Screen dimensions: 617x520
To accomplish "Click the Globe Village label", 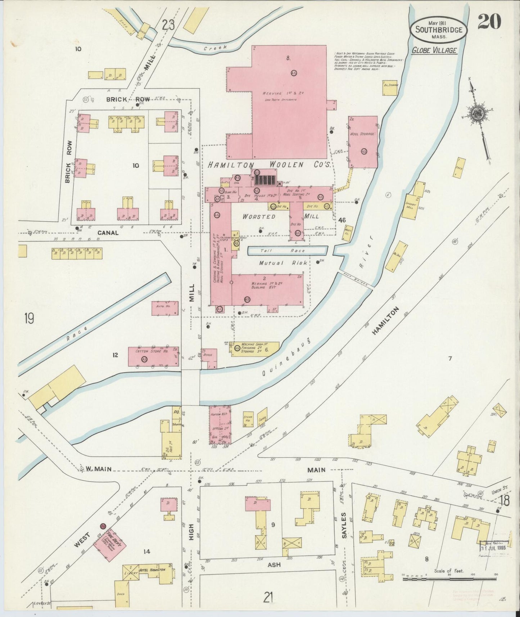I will (434, 50).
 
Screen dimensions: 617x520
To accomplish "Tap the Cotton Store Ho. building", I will (153, 356).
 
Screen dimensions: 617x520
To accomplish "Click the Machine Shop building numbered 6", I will (256, 348).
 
